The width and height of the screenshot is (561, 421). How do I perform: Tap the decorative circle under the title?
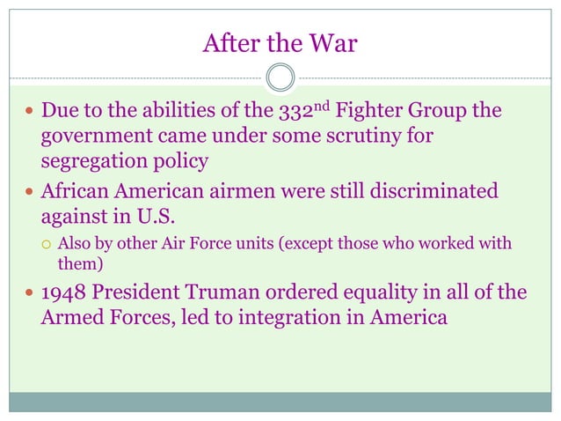click(280, 78)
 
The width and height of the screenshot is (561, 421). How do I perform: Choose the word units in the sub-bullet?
click(251, 243)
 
